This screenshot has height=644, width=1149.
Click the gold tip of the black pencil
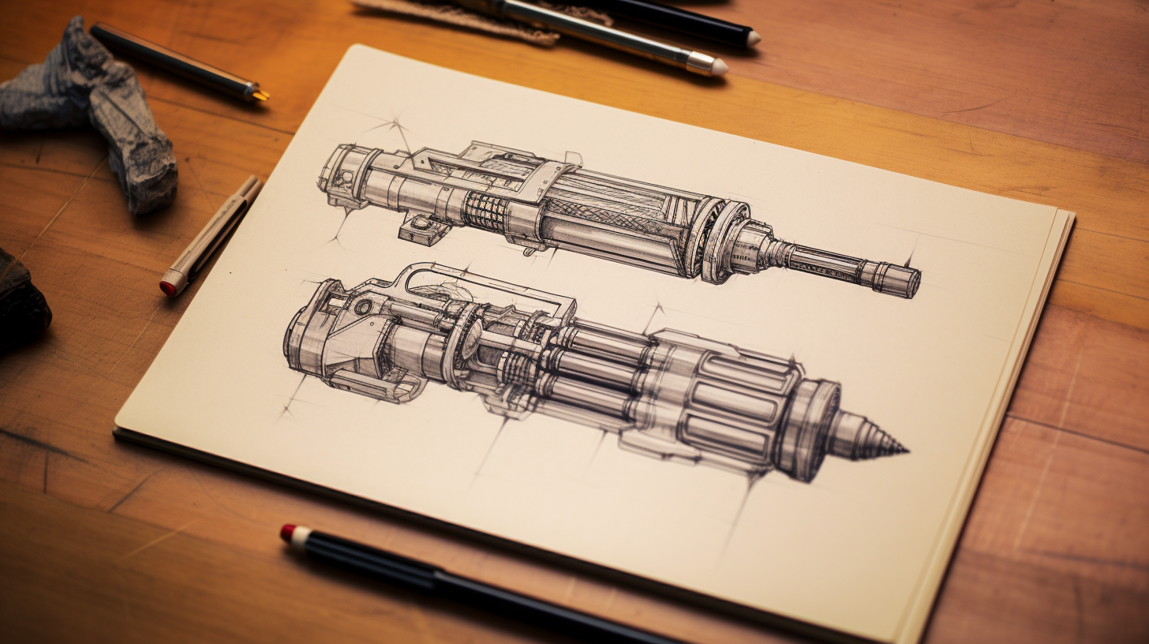tap(258, 94)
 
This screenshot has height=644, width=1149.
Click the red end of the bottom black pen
tap(289, 533)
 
